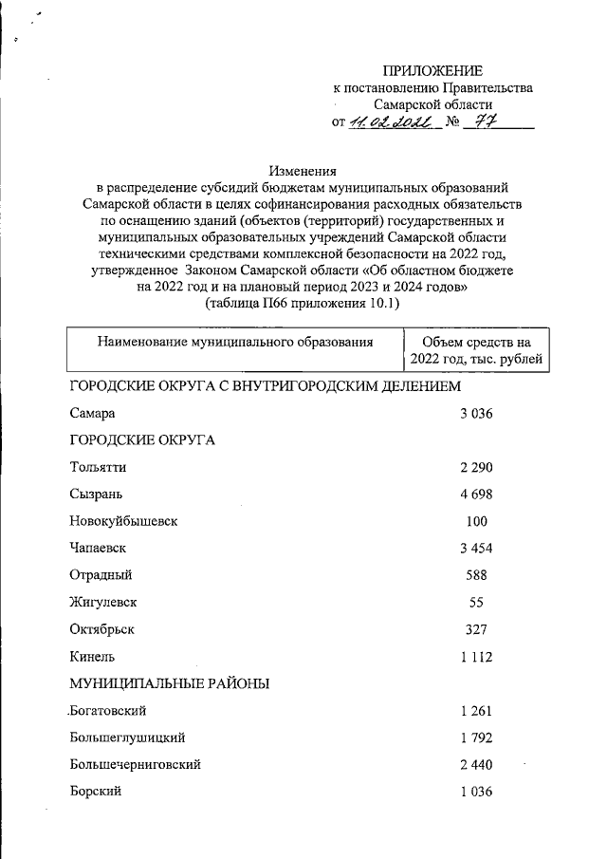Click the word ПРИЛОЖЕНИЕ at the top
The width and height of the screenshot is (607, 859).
(x=432, y=70)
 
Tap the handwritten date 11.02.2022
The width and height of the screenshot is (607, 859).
(x=389, y=122)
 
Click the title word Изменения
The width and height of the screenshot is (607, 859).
(x=303, y=172)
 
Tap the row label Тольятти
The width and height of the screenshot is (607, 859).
(x=98, y=467)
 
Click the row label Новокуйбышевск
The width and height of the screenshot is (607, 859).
(x=123, y=521)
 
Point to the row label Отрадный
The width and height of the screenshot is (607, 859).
(x=101, y=575)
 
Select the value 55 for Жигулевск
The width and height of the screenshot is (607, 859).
(x=477, y=602)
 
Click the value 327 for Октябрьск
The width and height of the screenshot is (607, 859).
(x=477, y=628)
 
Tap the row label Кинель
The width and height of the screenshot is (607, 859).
(x=92, y=656)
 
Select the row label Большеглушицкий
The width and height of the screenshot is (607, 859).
(x=126, y=738)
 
